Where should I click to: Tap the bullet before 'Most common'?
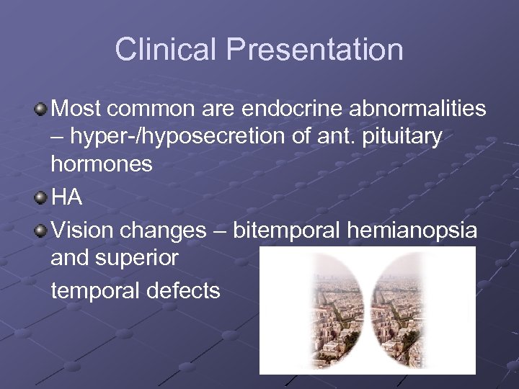point(41,109)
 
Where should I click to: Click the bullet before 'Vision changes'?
point(41,230)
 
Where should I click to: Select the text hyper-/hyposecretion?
point(162,137)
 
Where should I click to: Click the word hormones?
point(102,164)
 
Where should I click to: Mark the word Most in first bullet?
point(76,109)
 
